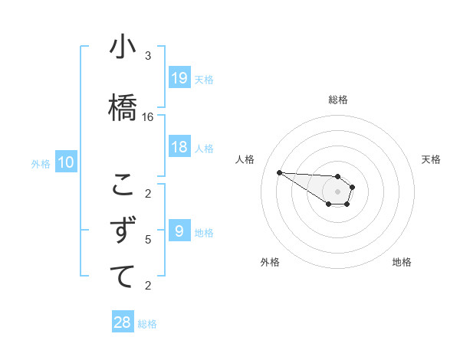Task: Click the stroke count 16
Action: pos(148,117)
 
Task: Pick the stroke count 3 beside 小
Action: pos(148,56)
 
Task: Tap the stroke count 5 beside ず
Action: pos(148,240)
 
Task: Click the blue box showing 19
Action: pos(179,77)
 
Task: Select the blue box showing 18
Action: pos(179,147)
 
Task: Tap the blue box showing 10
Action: pos(66,162)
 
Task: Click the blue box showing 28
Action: pos(123,322)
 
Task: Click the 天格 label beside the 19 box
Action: pos(204,79)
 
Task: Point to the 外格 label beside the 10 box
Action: pos(41,163)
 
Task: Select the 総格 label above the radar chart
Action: pos(338,100)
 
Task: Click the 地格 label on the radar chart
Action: pos(402,262)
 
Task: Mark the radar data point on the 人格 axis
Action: pos(279,172)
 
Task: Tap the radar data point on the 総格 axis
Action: pos(338,177)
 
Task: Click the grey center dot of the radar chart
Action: pos(338,191)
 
